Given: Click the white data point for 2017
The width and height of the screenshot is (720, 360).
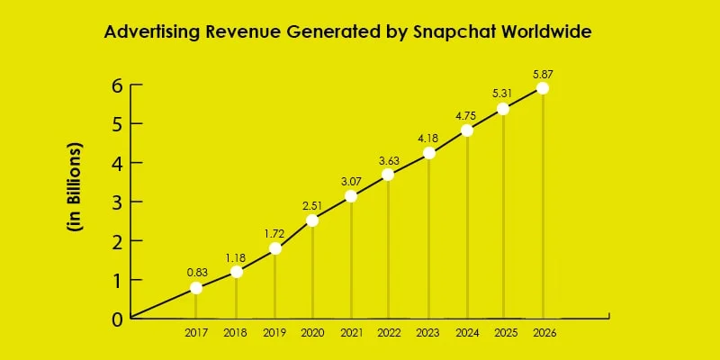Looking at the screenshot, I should coord(196,288).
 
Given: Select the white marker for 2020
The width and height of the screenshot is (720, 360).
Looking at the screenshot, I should coord(311,220).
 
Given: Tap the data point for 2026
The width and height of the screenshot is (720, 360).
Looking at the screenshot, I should coord(542,88).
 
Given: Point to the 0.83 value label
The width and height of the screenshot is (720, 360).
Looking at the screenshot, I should coord(197,271).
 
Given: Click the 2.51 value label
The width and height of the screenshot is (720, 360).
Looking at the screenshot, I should coord(311,202).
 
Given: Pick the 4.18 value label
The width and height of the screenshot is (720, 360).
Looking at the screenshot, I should coord(428,136).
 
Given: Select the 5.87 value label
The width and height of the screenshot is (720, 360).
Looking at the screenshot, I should coord(542,71).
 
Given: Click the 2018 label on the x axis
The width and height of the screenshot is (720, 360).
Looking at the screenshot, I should coord(236,332).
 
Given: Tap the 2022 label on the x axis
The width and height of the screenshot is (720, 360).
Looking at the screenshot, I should coord(389,332).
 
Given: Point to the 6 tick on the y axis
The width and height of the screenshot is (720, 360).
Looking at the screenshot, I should coord(115,86).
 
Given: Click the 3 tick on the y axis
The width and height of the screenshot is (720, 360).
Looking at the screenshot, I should coord(115,202).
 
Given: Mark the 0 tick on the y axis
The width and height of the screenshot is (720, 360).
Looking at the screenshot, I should coord(115,319).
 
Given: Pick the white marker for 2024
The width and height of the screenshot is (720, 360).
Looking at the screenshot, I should coord(467,130).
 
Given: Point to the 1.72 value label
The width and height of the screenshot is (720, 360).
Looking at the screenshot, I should coord(274,231).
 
